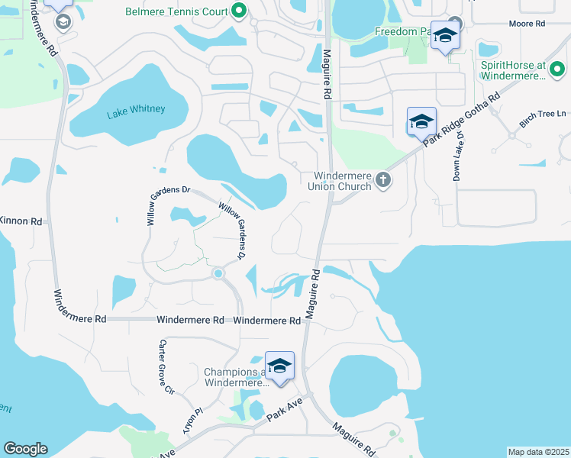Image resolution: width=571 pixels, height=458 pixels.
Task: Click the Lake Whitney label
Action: (136, 110)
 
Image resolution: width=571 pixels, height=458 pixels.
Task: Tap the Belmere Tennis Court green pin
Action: (239, 11)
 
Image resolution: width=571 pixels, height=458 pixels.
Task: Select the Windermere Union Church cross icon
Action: (383, 180)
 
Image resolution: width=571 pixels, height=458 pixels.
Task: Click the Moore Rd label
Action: (528, 24)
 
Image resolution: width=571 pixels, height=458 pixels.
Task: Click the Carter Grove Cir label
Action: (166, 366)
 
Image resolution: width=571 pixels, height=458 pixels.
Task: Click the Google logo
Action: (25, 449)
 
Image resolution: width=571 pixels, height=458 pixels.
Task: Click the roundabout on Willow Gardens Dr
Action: (218, 273)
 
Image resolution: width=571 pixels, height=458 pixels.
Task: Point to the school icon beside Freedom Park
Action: (446, 35)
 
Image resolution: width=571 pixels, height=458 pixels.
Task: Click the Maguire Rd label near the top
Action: (326, 73)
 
